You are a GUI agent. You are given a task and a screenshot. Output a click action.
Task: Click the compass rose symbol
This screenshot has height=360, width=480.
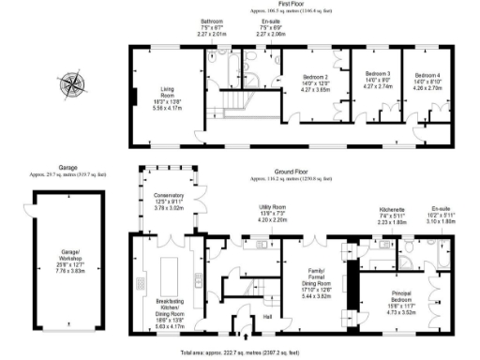point(72,86)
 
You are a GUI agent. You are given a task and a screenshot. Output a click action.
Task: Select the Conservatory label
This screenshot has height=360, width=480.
point(169,202)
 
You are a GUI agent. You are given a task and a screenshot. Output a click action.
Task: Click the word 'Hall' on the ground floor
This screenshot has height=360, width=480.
point(267,316)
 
